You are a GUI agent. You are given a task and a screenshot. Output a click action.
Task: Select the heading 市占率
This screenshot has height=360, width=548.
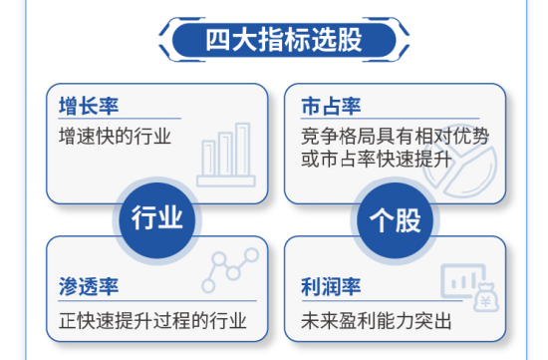point(330,106)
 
